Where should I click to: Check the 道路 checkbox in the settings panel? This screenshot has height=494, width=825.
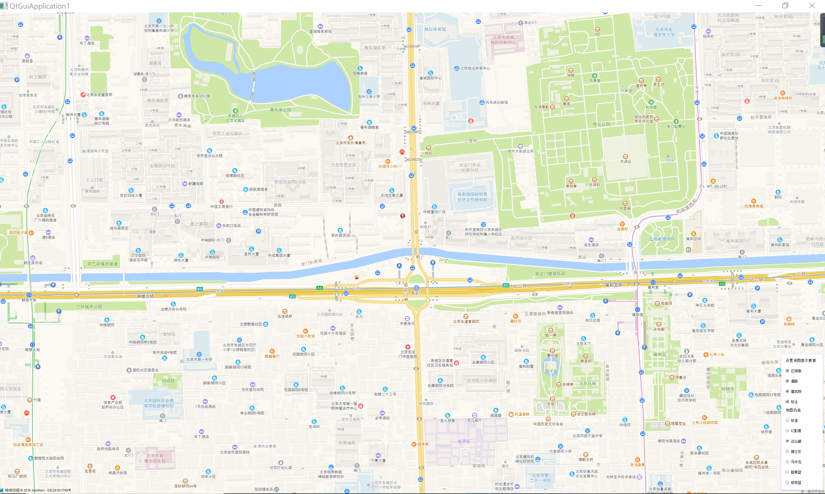[x=787, y=381]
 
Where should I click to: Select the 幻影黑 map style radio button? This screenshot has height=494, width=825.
[x=787, y=431]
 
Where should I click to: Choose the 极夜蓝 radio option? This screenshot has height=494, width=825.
[x=787, y=482]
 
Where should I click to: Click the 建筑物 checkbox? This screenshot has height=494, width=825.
[x=787, y=391]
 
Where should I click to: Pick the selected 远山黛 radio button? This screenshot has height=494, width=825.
[x=787, y=441]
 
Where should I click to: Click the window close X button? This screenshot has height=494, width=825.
[x=812, y=6]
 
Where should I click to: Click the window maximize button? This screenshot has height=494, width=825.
[x=785, y=6]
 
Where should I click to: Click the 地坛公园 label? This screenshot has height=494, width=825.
[x=601, y=124]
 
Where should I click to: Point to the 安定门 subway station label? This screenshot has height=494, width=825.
[x=416, y=293]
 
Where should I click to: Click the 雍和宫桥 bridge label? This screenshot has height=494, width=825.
[x=613, y=285]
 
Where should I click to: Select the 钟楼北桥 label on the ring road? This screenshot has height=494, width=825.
[x=145, y=296]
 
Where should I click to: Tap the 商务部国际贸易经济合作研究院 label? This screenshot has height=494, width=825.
[x=472, y=197]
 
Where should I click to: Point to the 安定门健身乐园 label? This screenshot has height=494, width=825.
[x=550, y=274]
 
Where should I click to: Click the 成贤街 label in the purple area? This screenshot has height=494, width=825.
[x=464, y=441]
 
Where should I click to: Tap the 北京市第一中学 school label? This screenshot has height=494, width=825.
[x=199, y=359]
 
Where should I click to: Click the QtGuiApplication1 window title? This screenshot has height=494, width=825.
[x=39, y=6]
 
